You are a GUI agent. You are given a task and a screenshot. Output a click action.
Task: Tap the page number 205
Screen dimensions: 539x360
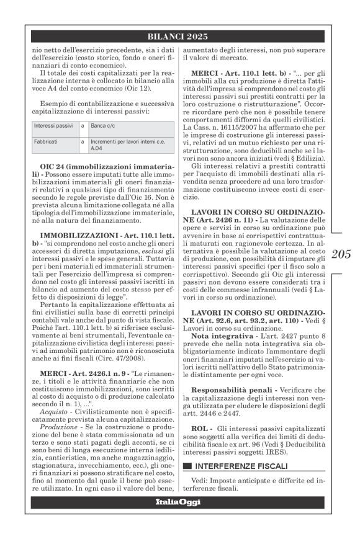[341, 254]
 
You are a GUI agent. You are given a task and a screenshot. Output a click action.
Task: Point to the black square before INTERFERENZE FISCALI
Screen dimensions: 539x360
[187, 465]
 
